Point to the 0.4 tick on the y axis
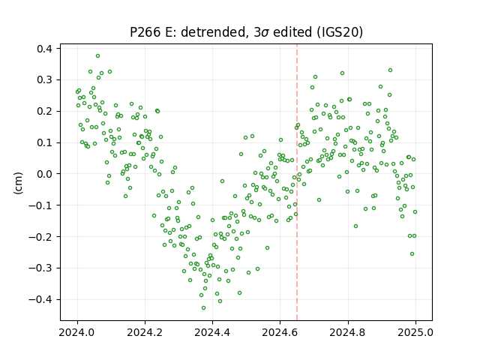click(44, 49)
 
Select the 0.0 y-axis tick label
click(44, 174)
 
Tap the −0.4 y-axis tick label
click(40, 299)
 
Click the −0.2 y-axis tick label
click(40, 237)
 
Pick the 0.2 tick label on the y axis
click(44, 111)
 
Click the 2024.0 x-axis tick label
click(77, 332)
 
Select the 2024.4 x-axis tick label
click(212, 332)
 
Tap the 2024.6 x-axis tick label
click(280, 332)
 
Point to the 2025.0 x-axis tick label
click(415, 332)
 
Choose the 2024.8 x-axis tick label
click(348, 332)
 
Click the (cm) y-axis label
click(18, 183)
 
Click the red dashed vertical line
click(297, 182)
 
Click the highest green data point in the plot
click(97, 56)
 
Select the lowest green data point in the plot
click(203, 308)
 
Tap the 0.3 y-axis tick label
click(44, 80)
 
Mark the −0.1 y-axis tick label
click(40, 205)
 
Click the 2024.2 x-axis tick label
click(145, 332)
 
